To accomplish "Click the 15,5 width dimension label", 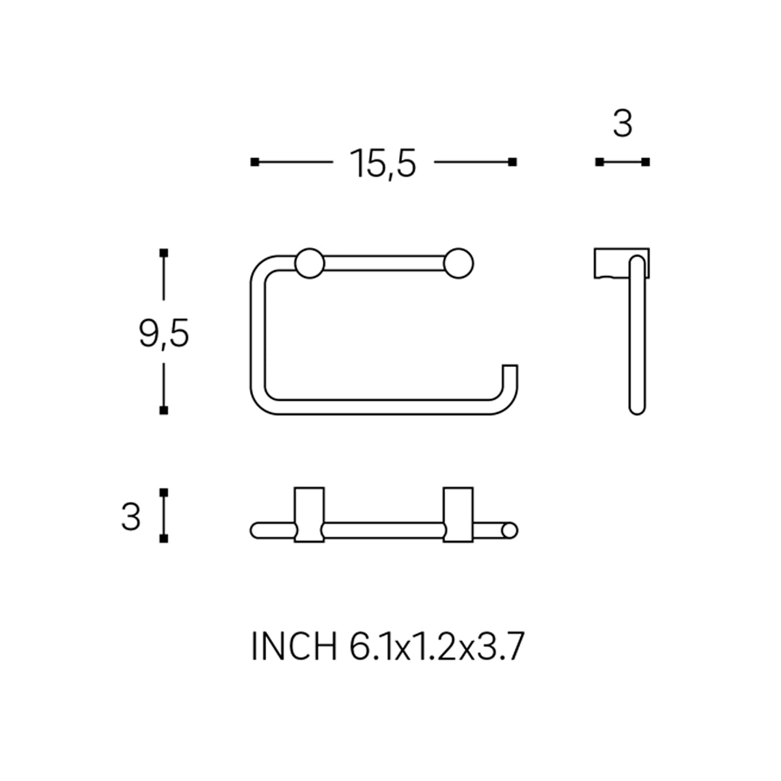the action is (x=383, y=163).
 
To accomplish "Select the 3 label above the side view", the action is (x=623, y=124).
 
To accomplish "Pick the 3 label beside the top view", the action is (x=131, y=517).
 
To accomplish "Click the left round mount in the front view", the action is (x=310, y=264).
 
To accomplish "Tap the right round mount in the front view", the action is (x=458, y=264).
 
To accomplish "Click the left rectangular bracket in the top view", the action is (x=309, y=515).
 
